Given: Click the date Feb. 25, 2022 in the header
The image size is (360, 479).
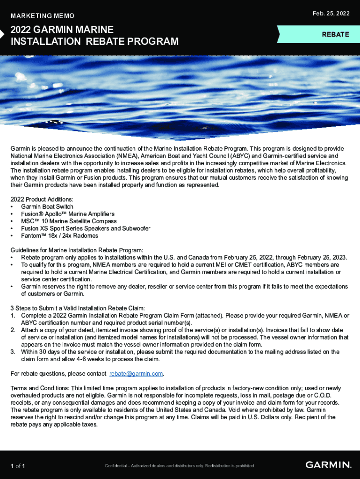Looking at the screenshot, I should tap(331, 14).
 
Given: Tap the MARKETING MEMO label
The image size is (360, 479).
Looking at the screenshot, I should tap(43, 16).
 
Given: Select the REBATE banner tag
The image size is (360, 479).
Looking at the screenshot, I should tap(335, 35).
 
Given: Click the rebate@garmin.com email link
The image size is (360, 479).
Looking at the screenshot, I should tap(136, 374).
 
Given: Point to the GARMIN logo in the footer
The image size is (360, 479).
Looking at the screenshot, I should tap(328, 465).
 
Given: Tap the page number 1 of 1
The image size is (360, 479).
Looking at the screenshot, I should tap(18, 466).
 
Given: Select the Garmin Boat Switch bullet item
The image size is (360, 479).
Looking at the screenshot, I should tap(47, 206).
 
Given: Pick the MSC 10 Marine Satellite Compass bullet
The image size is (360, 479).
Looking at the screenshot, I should tap(68, 221).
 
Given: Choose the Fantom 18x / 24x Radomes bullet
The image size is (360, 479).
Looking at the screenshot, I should tap(60, 236).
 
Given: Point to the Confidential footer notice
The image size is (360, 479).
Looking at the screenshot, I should tap(180, 466).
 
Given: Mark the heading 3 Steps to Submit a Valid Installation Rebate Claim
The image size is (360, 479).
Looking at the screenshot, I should tap(78, 308).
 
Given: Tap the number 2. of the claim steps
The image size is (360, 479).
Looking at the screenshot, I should tap(13, 330).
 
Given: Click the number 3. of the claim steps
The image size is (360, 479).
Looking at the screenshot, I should tap(13, 352).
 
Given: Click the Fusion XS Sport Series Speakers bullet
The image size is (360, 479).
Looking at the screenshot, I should tap(86, 228).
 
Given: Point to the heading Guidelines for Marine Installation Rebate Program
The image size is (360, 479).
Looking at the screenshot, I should tap(77, 250).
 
